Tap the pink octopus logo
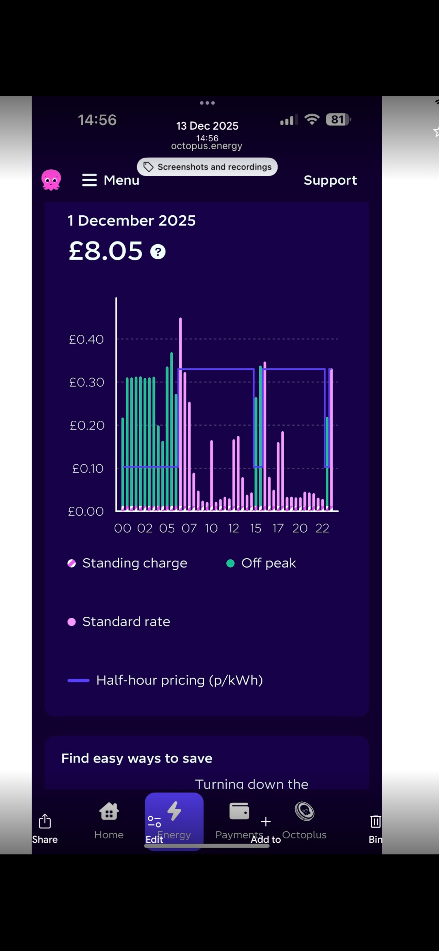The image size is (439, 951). click(x=51, y=180)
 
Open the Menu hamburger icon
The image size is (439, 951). click(x=89, y=180)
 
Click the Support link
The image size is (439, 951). click(x=330, y=180)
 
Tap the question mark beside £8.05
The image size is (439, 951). click(x=158, y=252)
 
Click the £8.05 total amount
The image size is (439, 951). click(x=106, y=251)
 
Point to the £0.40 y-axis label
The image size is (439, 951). click(x=86, y=339)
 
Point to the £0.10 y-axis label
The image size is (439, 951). click(x=87, y=468)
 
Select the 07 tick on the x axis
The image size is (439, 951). click(x=189, y=528)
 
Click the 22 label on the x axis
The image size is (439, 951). click(x=322, y=528)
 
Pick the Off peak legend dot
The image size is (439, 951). click(x=230, y=563)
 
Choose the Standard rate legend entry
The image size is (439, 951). click(x=126, y=622)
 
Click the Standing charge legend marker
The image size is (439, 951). click(x=72, y=563)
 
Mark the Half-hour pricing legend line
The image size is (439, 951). click(x=78, y=680)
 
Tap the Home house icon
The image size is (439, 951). click(x=109, y=812)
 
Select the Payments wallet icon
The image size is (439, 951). click(x=239, y=812)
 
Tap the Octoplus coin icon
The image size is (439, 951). click(x=304, y=812)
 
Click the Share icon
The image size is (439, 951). click(x=45, y=822)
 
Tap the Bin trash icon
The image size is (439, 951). click(x=375, y=822)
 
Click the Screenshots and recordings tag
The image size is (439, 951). click(x=207, y=167)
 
